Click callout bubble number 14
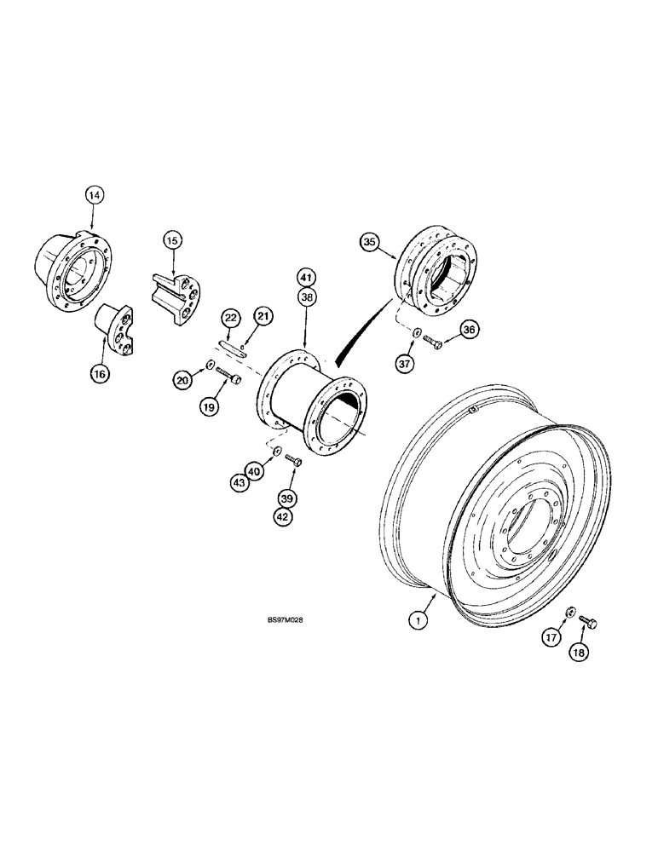coord(95,196)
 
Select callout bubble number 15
coord(173,242)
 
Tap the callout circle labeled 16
coord(104,372)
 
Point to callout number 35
coord(369,243)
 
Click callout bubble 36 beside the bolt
coord(469,330)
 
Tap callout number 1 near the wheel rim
coord(417,622)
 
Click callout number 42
coord(284,515)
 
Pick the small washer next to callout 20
coord(209,366)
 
